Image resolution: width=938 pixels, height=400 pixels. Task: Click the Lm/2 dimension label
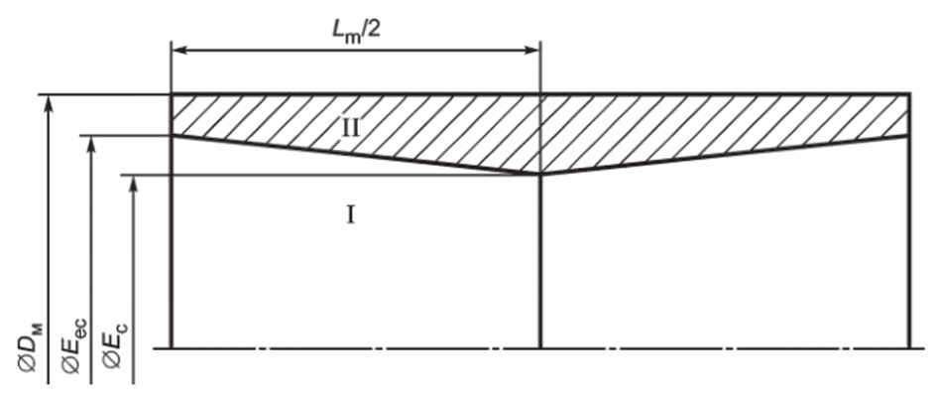(357, 30)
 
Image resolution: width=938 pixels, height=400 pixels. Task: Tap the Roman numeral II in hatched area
(351, 128)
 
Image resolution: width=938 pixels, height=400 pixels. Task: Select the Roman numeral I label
(351, 213)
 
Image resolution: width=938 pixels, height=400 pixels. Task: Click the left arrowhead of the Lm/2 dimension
(178, 49)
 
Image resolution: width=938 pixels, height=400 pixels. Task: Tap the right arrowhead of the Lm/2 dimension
(533, 49)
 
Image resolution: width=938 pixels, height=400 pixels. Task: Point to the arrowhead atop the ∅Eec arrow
(90, 143)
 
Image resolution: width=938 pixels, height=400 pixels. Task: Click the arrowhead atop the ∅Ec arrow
(133, 184)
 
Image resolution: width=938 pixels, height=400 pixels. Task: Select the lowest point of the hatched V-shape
(540, 175)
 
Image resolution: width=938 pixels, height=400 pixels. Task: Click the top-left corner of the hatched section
(172, 94)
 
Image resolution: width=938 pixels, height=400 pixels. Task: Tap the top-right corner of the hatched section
(910, 94)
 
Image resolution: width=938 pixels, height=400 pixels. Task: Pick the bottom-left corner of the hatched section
(172, 135)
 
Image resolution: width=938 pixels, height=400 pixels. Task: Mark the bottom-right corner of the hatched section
(910, 135)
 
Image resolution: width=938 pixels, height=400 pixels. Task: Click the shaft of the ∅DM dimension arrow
(50, 239)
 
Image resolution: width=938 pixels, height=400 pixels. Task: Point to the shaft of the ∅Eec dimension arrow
(90, 259)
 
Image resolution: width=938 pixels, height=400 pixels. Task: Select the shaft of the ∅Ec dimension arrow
(133, 279)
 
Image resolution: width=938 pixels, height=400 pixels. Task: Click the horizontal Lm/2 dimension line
(356, 49)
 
